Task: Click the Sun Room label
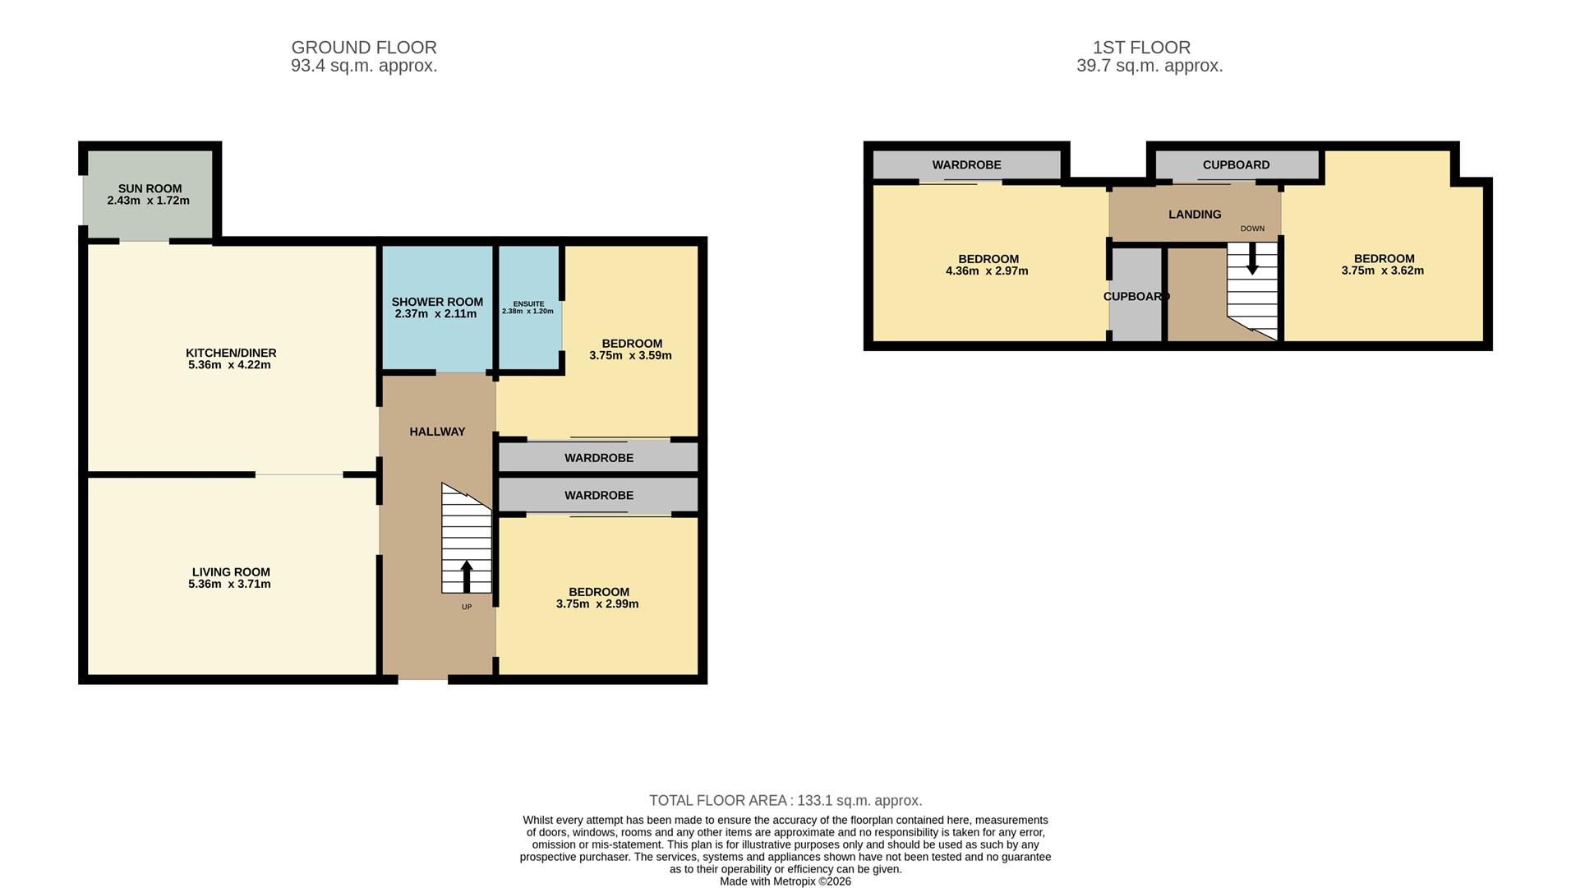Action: (x=150, y=188)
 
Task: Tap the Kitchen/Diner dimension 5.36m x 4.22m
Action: (x=229, y=365)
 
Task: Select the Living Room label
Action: (x=231, y=572)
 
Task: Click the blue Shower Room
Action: (x=436, y=329)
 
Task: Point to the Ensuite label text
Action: (x=528, y=304)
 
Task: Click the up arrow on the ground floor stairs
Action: (x=467, y=576)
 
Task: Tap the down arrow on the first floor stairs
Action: (x=1252, y=259)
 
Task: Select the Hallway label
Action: (x=437, y=432)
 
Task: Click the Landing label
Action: (x=1194, y=215)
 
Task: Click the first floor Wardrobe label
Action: (x=966, y=165)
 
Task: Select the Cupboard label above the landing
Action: (x=1236, y=165)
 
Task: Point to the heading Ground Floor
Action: (x=364, y=48)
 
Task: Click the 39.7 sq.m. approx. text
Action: (x=1149, y=67)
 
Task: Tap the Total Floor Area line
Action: (x=785, y=801)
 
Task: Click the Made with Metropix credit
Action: (x=785, y=881)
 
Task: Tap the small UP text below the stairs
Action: (x=467, y=608)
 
